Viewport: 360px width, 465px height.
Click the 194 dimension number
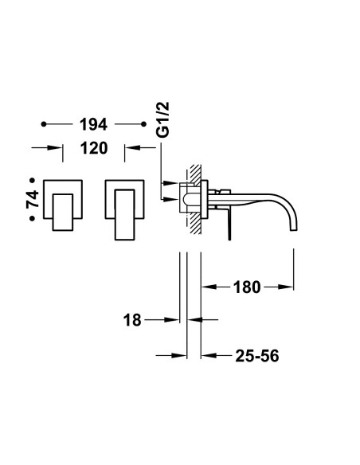coord(93,124)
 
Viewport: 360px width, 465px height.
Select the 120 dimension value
coord(94,148)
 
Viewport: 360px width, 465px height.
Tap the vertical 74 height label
coord(33,199)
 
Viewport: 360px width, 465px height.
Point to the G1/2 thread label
coord(162,119)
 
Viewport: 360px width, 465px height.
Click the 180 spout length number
coord(247,287)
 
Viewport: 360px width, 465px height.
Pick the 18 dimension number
coord(132,320)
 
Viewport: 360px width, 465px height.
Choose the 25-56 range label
coord(257,356)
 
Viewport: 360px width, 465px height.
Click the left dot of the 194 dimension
coord(44,124)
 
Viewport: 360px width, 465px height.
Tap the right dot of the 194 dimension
coord(144,124)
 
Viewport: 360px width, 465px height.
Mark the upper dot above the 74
coord(33,180)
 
